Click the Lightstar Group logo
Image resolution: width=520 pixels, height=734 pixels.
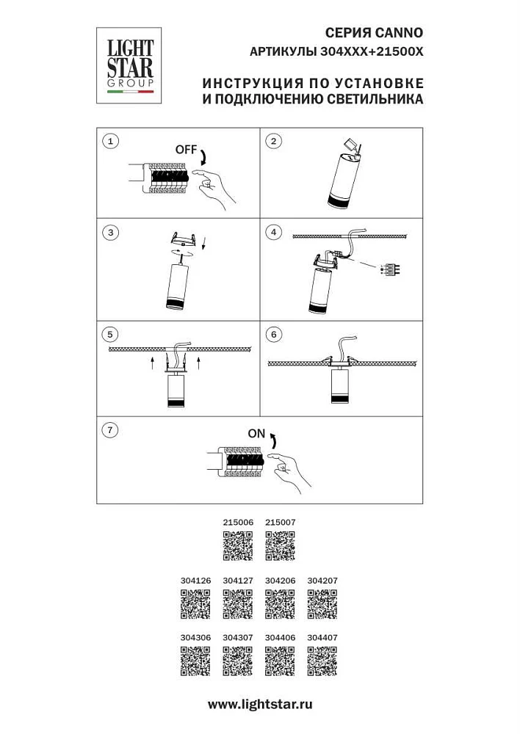[129, 65]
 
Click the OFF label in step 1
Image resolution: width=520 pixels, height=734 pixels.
[186, 150]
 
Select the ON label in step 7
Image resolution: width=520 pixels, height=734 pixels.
[256, 434]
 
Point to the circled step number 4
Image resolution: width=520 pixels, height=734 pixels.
[273, 232]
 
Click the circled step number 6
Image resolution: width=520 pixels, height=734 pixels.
[273, 334]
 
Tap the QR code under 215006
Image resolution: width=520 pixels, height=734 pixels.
[237, 545]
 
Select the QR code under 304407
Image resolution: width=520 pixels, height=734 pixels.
[322, 661]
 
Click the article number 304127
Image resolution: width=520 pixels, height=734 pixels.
[238, 581]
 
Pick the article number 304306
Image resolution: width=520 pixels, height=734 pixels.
[195, 638]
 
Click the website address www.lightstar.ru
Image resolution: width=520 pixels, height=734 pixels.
[260, 704]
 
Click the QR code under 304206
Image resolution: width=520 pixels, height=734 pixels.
[280, 604]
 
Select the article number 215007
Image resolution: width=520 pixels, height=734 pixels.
[280, 523]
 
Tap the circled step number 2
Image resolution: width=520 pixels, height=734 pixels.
[273, 141]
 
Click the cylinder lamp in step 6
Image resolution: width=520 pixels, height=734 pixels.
[341, 385]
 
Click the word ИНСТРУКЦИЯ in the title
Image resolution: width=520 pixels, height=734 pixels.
[253, 84]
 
